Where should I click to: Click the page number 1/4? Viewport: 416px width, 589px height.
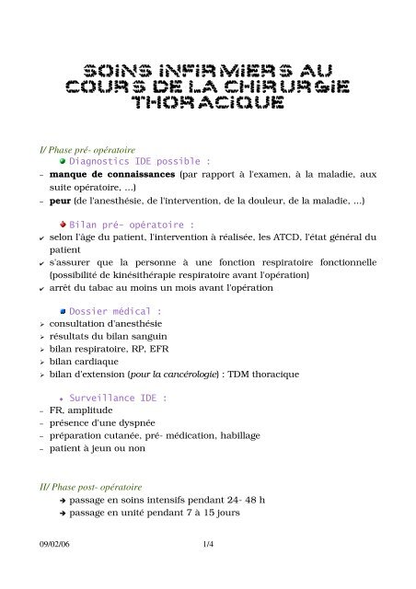207,545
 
